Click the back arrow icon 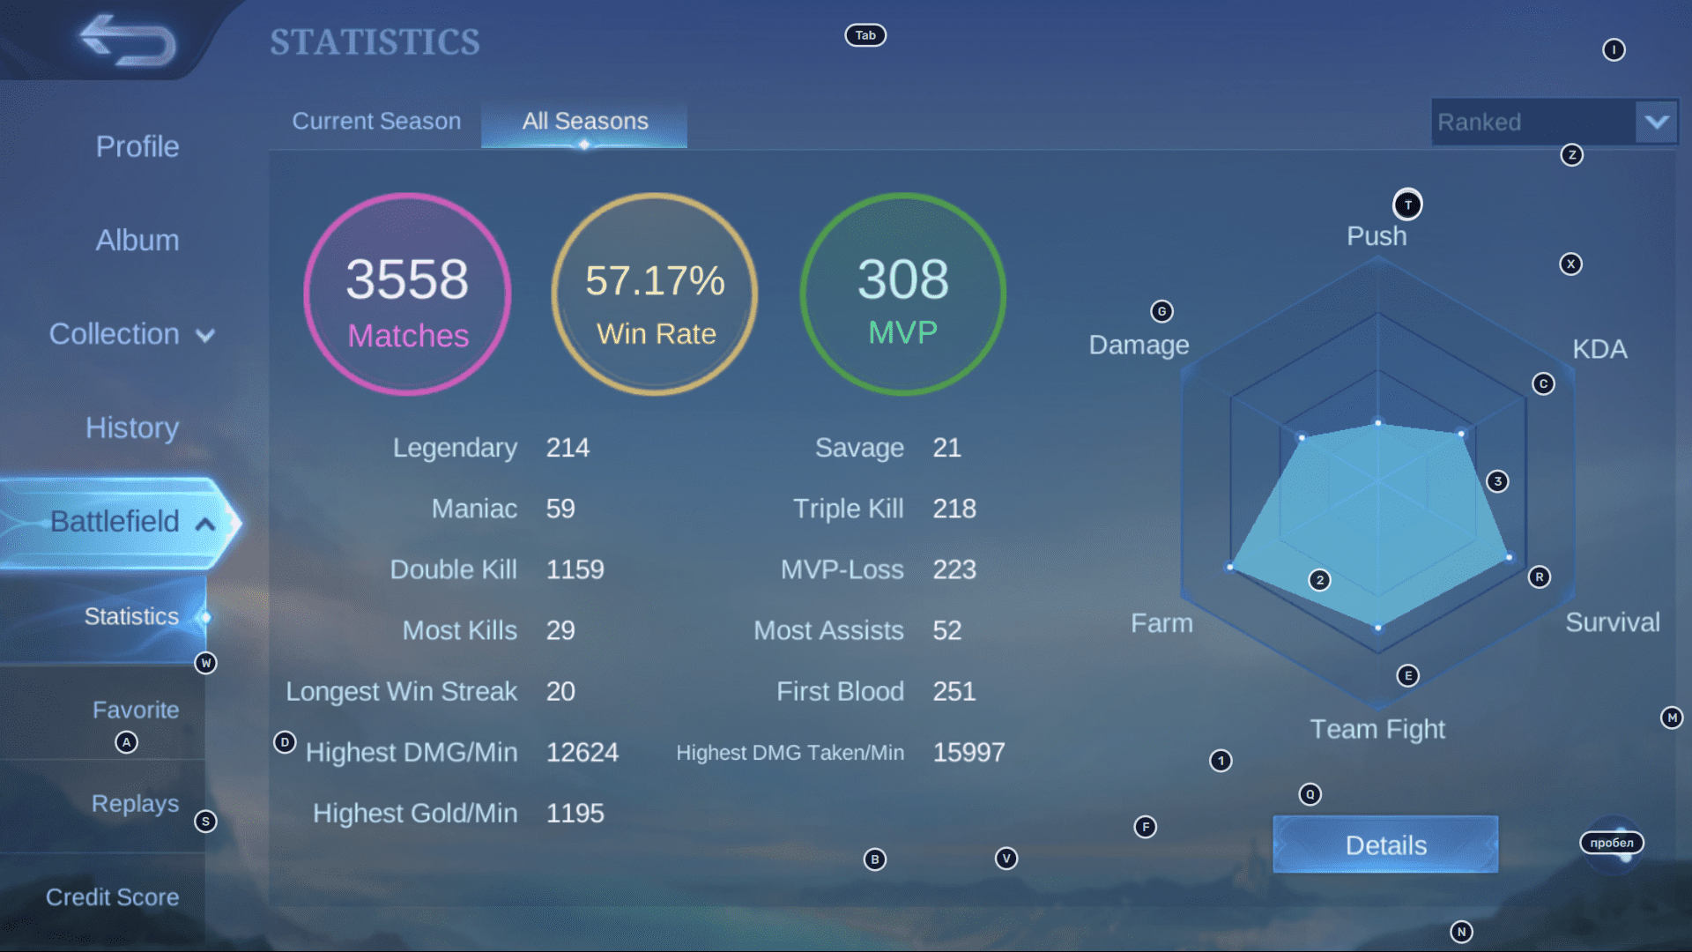pos(128,41)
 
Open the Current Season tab pos(376,122)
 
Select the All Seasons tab pos(585,122)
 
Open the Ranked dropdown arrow pos(1656,122)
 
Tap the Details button pos(1385,845)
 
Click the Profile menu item pos(137,146)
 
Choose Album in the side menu pos(137,240)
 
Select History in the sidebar pos(132,428)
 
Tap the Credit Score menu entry pos(113,897)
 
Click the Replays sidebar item pos(135,804)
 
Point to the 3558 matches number pos(407,279)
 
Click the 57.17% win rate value pos(655,281)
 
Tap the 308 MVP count pos(903,279)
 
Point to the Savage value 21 pos(947,448)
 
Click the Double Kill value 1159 pos(575,569)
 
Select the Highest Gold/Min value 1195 pos(575,813)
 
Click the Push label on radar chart pos(1377,236)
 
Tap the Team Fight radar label pos(1377,729)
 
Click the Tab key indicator pos(865,35)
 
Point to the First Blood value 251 pos(954,691)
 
